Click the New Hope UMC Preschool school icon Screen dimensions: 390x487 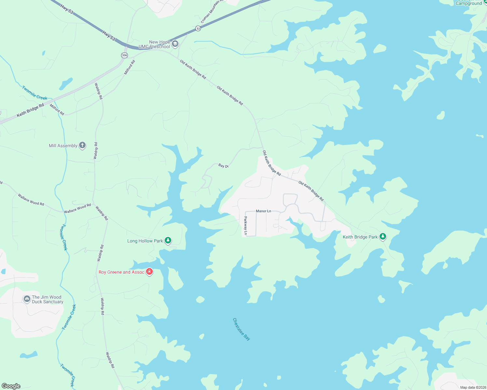point(175,44)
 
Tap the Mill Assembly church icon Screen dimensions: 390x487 point(82,145)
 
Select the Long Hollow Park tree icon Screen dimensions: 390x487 point(168,240)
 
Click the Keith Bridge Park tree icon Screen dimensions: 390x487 point(383,237)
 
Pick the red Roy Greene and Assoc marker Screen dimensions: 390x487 point(149,272)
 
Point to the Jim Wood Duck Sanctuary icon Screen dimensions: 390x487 point(27,299)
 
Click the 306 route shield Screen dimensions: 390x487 point(124,55)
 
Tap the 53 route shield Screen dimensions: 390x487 point(198,29)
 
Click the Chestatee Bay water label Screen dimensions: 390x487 point(242,329)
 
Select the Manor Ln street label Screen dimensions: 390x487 point(263,211)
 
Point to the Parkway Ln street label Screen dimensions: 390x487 point(245,226)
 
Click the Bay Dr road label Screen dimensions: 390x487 point(223,166)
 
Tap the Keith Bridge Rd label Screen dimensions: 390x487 point(30,110)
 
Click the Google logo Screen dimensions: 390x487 point(11,386)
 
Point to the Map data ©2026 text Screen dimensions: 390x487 point(473,387)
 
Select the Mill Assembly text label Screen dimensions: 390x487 point(63,146)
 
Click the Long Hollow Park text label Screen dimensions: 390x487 point(145,241)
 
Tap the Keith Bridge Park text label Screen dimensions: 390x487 point(360,237)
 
